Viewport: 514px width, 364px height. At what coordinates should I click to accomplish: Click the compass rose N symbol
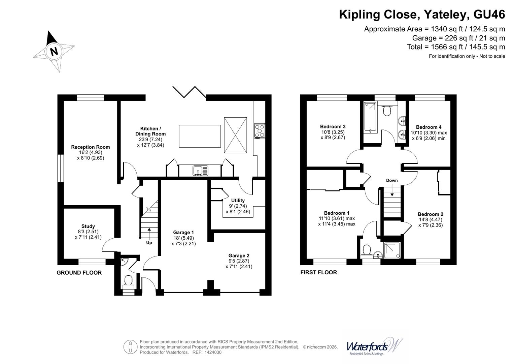54,51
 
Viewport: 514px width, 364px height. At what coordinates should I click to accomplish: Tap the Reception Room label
90,147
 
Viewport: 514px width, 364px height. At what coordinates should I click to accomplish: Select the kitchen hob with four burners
259,131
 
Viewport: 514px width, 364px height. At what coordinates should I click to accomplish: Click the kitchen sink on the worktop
201,171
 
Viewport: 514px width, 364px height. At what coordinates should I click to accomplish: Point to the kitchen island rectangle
200,136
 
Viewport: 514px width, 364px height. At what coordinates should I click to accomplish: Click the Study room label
88,226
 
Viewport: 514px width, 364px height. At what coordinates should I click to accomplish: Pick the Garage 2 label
239,255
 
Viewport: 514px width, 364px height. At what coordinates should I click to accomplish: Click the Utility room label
238,200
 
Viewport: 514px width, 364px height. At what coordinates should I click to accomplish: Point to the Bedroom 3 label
333,126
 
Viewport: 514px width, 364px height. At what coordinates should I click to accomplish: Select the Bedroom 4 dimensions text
429,135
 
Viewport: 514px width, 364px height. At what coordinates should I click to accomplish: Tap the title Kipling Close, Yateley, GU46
422,14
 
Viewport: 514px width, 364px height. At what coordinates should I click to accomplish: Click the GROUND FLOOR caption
79,273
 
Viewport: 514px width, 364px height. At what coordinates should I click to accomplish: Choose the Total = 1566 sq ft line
456,47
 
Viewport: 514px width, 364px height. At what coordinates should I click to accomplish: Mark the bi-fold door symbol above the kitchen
189,92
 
